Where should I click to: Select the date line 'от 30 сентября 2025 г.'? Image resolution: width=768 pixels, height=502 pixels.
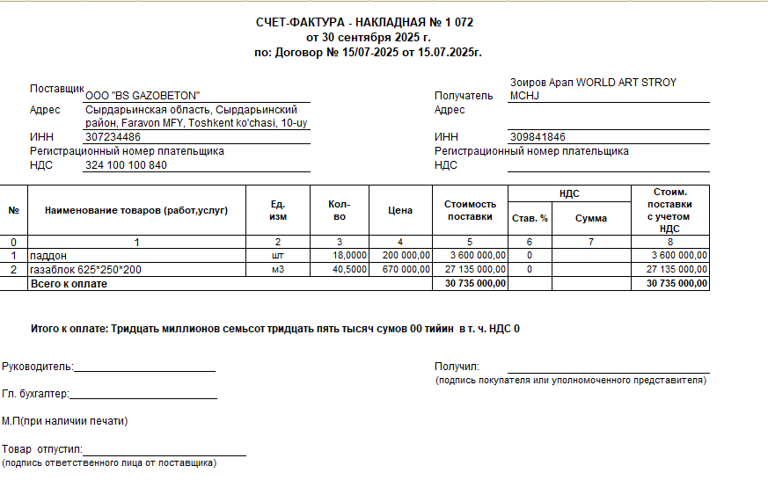click(368, 37)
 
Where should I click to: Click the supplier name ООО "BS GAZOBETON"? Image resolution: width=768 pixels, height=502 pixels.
click(143, 95)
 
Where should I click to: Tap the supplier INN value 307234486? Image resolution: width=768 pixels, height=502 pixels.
click(113, 137)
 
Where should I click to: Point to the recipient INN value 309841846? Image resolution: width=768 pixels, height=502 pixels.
click(538, 137)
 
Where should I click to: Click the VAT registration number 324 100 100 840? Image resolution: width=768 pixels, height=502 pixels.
click(126, 165)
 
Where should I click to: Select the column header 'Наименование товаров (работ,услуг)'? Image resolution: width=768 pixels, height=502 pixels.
click(136, 210)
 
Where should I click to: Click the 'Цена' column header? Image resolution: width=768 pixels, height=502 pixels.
click(400, 210)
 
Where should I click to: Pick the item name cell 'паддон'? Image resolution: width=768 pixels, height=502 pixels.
click(49, 255)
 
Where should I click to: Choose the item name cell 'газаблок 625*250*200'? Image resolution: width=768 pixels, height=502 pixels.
click(85, 269)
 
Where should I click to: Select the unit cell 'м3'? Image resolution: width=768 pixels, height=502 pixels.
click(278, 269)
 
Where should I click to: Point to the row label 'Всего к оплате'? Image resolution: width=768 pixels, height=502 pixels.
click(69, 284)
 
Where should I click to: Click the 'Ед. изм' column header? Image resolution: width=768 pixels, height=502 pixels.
click(278, 210)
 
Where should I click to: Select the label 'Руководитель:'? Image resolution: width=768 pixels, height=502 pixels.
click(37, 367)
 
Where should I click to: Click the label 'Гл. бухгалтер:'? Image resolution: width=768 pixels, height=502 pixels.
click(35, 395)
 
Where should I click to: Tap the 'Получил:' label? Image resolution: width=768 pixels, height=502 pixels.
click(456, 367)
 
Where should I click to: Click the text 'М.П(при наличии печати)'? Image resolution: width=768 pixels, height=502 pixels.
click(65, 421)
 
